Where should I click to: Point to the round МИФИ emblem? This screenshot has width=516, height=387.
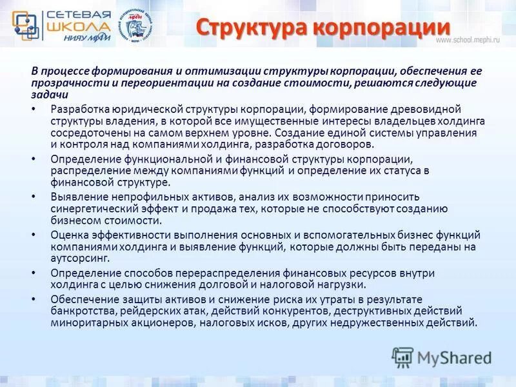click(137, 26)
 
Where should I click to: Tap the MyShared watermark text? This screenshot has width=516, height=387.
click(454, 357)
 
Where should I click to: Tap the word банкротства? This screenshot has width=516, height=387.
click(81, 311)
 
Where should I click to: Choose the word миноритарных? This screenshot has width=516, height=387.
click(86, 322)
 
